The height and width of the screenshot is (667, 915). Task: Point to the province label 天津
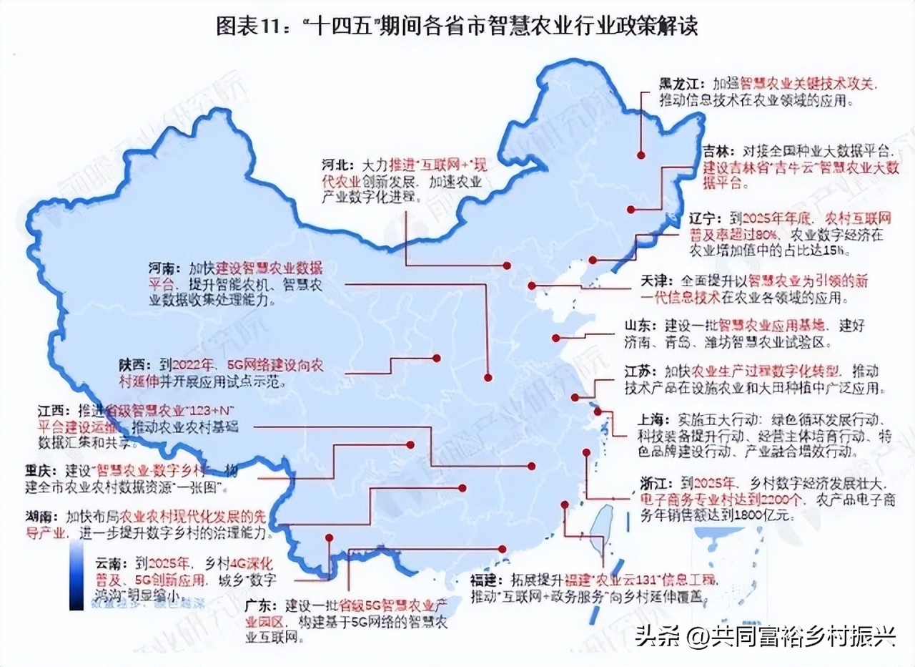(656, 281)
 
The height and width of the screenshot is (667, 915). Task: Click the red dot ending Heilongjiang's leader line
(641, 155)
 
